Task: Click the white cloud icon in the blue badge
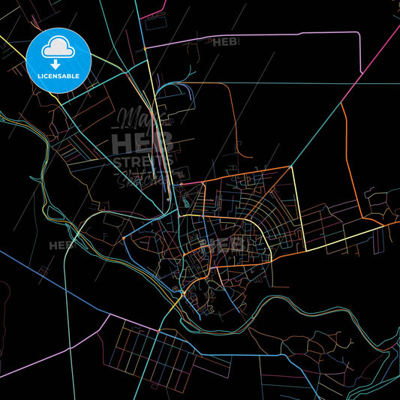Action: pyautogui.click(x=58, y=47)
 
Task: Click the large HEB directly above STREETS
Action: pyautogui.click(x=143, y=141)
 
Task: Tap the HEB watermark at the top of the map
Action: pyautogui.click(x=227, y=43)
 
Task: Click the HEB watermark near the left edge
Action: pyautogui.click(x=62, y=245)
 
